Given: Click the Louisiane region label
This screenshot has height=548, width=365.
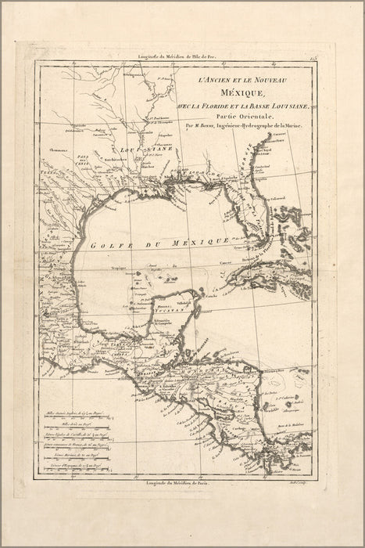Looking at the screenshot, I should tap(146, 150).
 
